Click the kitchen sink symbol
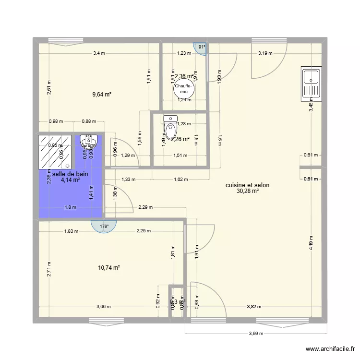[x=311, y=84]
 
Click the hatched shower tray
[x=55, y=150]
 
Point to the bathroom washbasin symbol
[x=89, y=140]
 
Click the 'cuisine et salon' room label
[x=247, y=185]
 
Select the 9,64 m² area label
[x=102, y=95]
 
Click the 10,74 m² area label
[x=109, y=267]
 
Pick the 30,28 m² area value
[x=248, y=191]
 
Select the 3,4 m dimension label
[x=99, y=53]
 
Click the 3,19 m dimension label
[x=266, y=53]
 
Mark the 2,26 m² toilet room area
[x=180, y=140]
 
